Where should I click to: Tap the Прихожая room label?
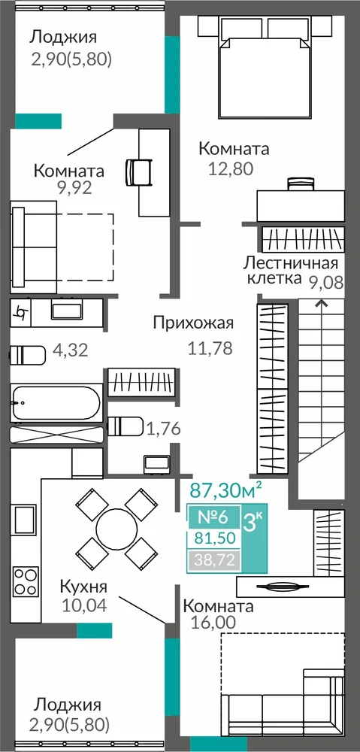[x=193, y=323]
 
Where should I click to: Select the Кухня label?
[x=83, y=586]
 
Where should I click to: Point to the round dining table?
[x=116, y=529]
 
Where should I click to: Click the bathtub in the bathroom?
[x=56, y=402]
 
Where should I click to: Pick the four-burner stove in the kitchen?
[x=26, y=581]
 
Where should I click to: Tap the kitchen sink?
[x=25, y=520]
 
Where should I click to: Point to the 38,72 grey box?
[x=214, y=559]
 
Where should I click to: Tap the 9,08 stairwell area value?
[x=326, y=283]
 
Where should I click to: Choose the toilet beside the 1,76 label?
[x=125, y=426]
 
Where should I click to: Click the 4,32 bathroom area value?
[x=71, y=350]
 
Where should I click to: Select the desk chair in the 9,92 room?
[x=138, y=171]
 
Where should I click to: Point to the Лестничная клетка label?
[x=291, y=271]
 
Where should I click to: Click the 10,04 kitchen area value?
[x=84, y=604]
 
